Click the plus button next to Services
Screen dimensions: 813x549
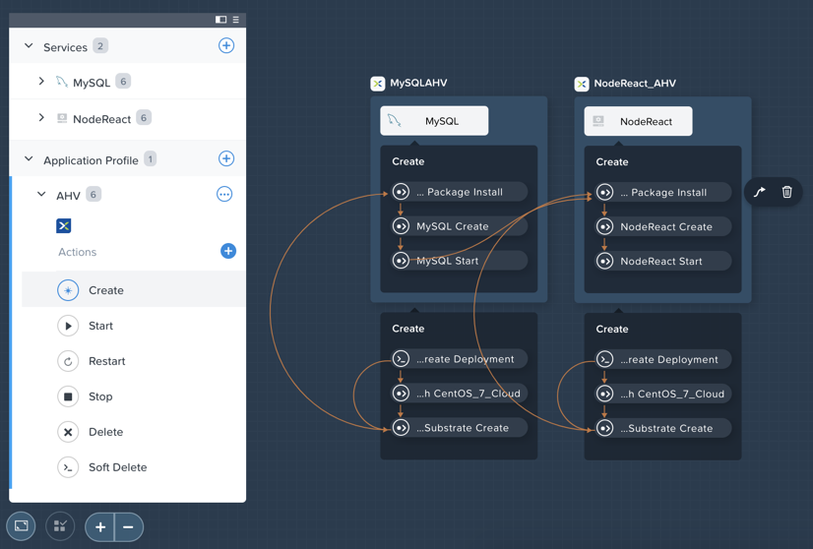[x=226, y=45]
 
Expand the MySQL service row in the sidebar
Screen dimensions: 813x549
[x=41, y=81]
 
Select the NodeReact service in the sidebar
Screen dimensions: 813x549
[x=101, y=119]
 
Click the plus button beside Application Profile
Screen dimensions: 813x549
[x=226, y=158]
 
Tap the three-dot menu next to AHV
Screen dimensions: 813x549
[x=224, y=195]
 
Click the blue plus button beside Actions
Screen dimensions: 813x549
[x=228, y=251]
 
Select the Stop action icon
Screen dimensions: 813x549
[x=68, y=396]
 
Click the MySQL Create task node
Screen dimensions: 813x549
[x=459, y=226]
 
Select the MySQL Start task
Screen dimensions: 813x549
[x=459, y=261]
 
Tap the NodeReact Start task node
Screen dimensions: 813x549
[x=662, y=261]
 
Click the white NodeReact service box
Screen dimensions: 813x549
[x=638, y=121]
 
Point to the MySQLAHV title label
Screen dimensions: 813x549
[x=418, y=83]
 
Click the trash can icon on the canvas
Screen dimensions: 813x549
[x=786, y=192]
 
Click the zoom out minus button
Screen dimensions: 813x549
[x=128, y=527]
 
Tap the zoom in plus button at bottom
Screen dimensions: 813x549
[x=100, y=527]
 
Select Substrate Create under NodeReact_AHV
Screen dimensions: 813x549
[x=662, y=428]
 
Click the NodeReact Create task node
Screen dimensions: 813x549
[x=662, y=226]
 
